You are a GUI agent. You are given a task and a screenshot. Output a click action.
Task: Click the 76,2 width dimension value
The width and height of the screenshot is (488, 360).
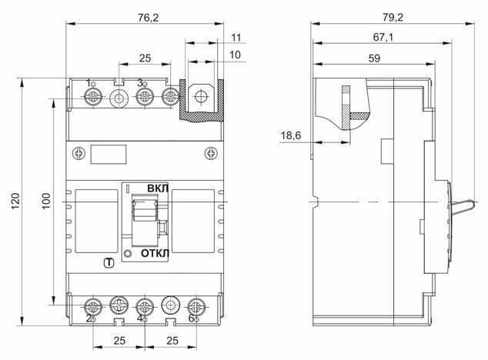(x=148, y=18)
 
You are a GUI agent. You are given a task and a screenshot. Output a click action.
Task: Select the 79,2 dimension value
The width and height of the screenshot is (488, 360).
(x=393, y=18)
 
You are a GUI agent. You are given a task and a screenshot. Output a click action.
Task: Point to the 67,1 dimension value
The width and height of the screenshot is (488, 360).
(x=383, y=38)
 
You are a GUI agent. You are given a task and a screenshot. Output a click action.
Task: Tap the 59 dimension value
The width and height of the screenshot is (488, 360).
(x=374, y=58)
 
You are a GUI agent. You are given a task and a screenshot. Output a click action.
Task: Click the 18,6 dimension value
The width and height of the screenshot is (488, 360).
(x=291, y=135)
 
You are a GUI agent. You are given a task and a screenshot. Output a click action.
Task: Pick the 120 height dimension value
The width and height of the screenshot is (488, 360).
(x=15, y=201)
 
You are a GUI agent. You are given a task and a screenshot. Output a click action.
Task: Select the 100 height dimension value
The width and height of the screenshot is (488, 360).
(x=46, y=201)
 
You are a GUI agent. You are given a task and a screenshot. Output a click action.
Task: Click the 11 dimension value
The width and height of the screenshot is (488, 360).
(x=236, y=38)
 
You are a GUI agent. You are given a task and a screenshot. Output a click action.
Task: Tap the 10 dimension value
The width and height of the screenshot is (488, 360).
(x=235, y=55)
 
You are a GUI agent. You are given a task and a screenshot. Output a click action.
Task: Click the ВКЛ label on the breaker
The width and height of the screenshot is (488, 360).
(x=158, y=188)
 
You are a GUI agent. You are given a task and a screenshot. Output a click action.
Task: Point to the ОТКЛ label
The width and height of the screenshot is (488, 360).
(x=155, y=253)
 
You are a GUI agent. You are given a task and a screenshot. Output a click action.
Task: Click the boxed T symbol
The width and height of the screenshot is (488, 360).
(x=109, y=263)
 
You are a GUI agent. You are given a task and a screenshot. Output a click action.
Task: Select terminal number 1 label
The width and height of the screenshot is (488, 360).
(x=89, y=83)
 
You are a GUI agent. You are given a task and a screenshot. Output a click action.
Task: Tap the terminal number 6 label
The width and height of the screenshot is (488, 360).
(x=192, y=318)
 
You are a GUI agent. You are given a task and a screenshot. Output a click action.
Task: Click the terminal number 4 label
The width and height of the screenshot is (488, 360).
(x=140, y=318)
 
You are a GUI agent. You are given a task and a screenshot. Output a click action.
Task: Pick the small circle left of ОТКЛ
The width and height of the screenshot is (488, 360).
(x=128, y=254)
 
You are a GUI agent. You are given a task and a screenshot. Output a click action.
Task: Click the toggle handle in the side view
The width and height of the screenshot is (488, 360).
(x=463, y=207)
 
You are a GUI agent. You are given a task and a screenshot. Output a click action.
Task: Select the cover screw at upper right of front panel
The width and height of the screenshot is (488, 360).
(x=211, y=153)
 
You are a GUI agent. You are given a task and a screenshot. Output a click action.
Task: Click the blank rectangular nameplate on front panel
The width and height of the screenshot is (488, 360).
(x=109, y=154)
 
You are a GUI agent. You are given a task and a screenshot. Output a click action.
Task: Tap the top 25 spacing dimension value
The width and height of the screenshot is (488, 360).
(x=145, y=58)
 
